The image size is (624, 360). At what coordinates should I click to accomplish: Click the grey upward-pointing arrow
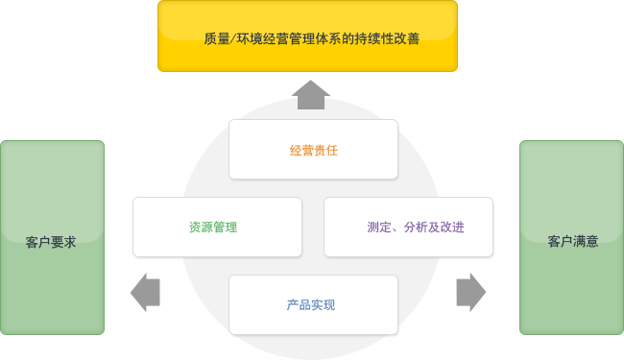(x=313, y=95)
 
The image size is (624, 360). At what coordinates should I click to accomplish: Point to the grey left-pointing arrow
(x=145, y=292)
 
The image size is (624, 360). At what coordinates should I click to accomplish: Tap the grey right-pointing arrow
(x=470, y=292)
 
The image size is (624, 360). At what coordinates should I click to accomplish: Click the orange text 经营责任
(x=314, y=150)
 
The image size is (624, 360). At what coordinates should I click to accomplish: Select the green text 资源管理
(x=213, y=228)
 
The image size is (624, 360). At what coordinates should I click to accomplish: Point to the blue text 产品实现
(x=311, y=305)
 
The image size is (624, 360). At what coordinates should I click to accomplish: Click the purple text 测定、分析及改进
(x=416, y=228)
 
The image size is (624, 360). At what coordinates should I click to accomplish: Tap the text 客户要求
(x=51, y=242)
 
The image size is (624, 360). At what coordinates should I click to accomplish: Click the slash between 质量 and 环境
(x=233, y=38)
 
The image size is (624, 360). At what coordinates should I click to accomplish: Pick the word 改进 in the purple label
(x=454, y=228)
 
